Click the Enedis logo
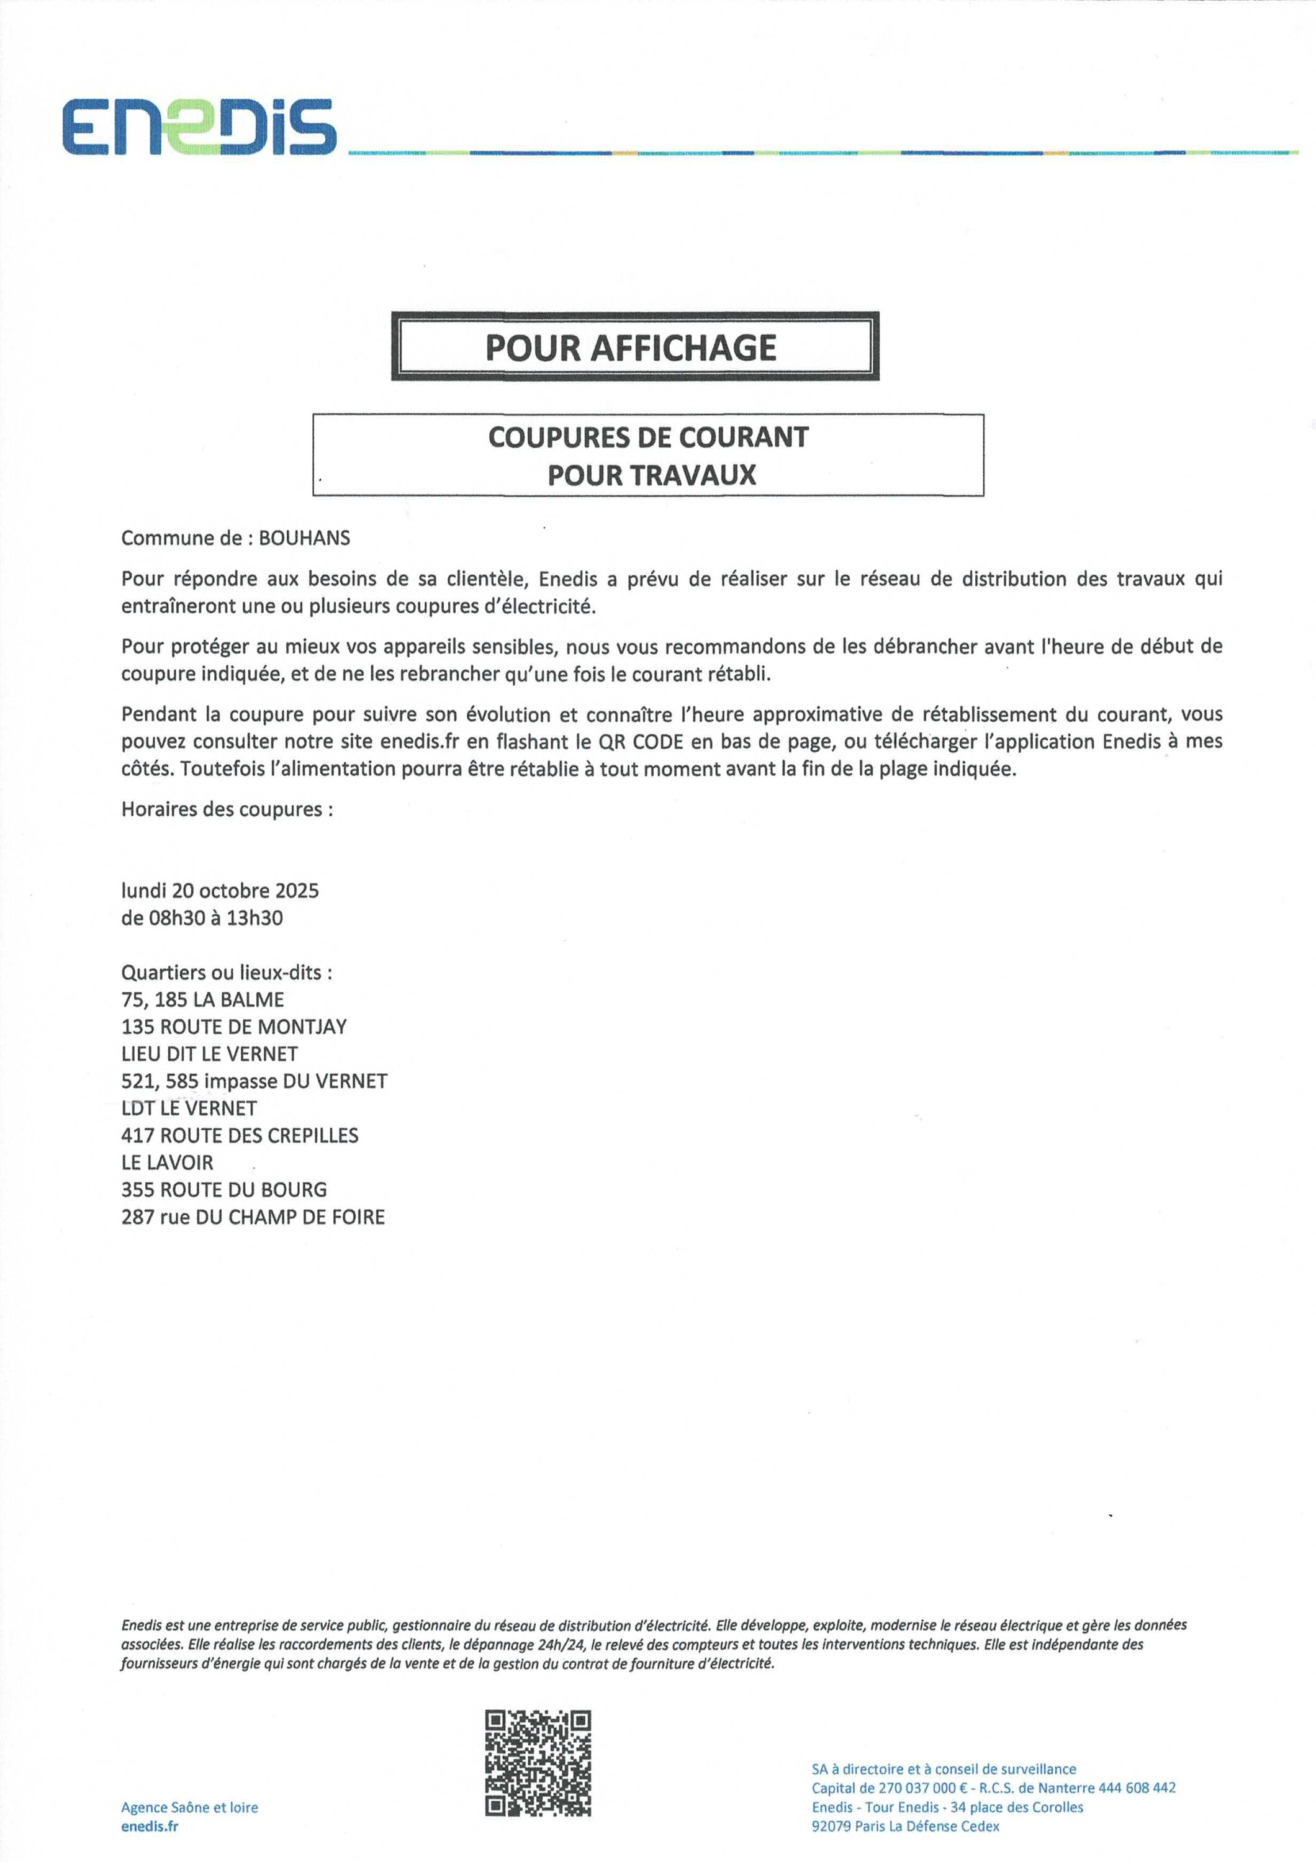click(199, 127)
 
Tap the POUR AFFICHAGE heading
click(631, 348)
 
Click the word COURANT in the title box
click(743, 437)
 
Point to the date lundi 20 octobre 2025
click(220, 891)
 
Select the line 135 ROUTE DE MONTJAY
click(233, 1027)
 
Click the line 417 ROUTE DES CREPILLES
click(239, 1135)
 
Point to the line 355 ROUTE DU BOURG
click(224, 1190)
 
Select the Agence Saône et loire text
click(190, 1807)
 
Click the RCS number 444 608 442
click(1137, 1788)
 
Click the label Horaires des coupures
click(226, 809)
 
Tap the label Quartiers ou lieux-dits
click(226, 973)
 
